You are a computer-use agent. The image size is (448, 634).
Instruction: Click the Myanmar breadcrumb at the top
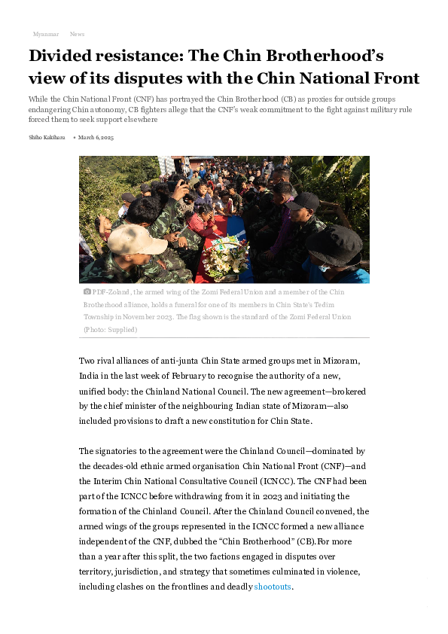point(46,35)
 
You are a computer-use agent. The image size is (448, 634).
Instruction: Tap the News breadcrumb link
point(77,35)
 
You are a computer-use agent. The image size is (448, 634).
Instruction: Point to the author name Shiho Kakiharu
point(47,138)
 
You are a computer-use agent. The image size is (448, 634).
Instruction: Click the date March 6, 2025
point(96,138)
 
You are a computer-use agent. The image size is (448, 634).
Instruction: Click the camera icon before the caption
point(87,291)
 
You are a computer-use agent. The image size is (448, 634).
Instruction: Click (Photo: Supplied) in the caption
point(110,330)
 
